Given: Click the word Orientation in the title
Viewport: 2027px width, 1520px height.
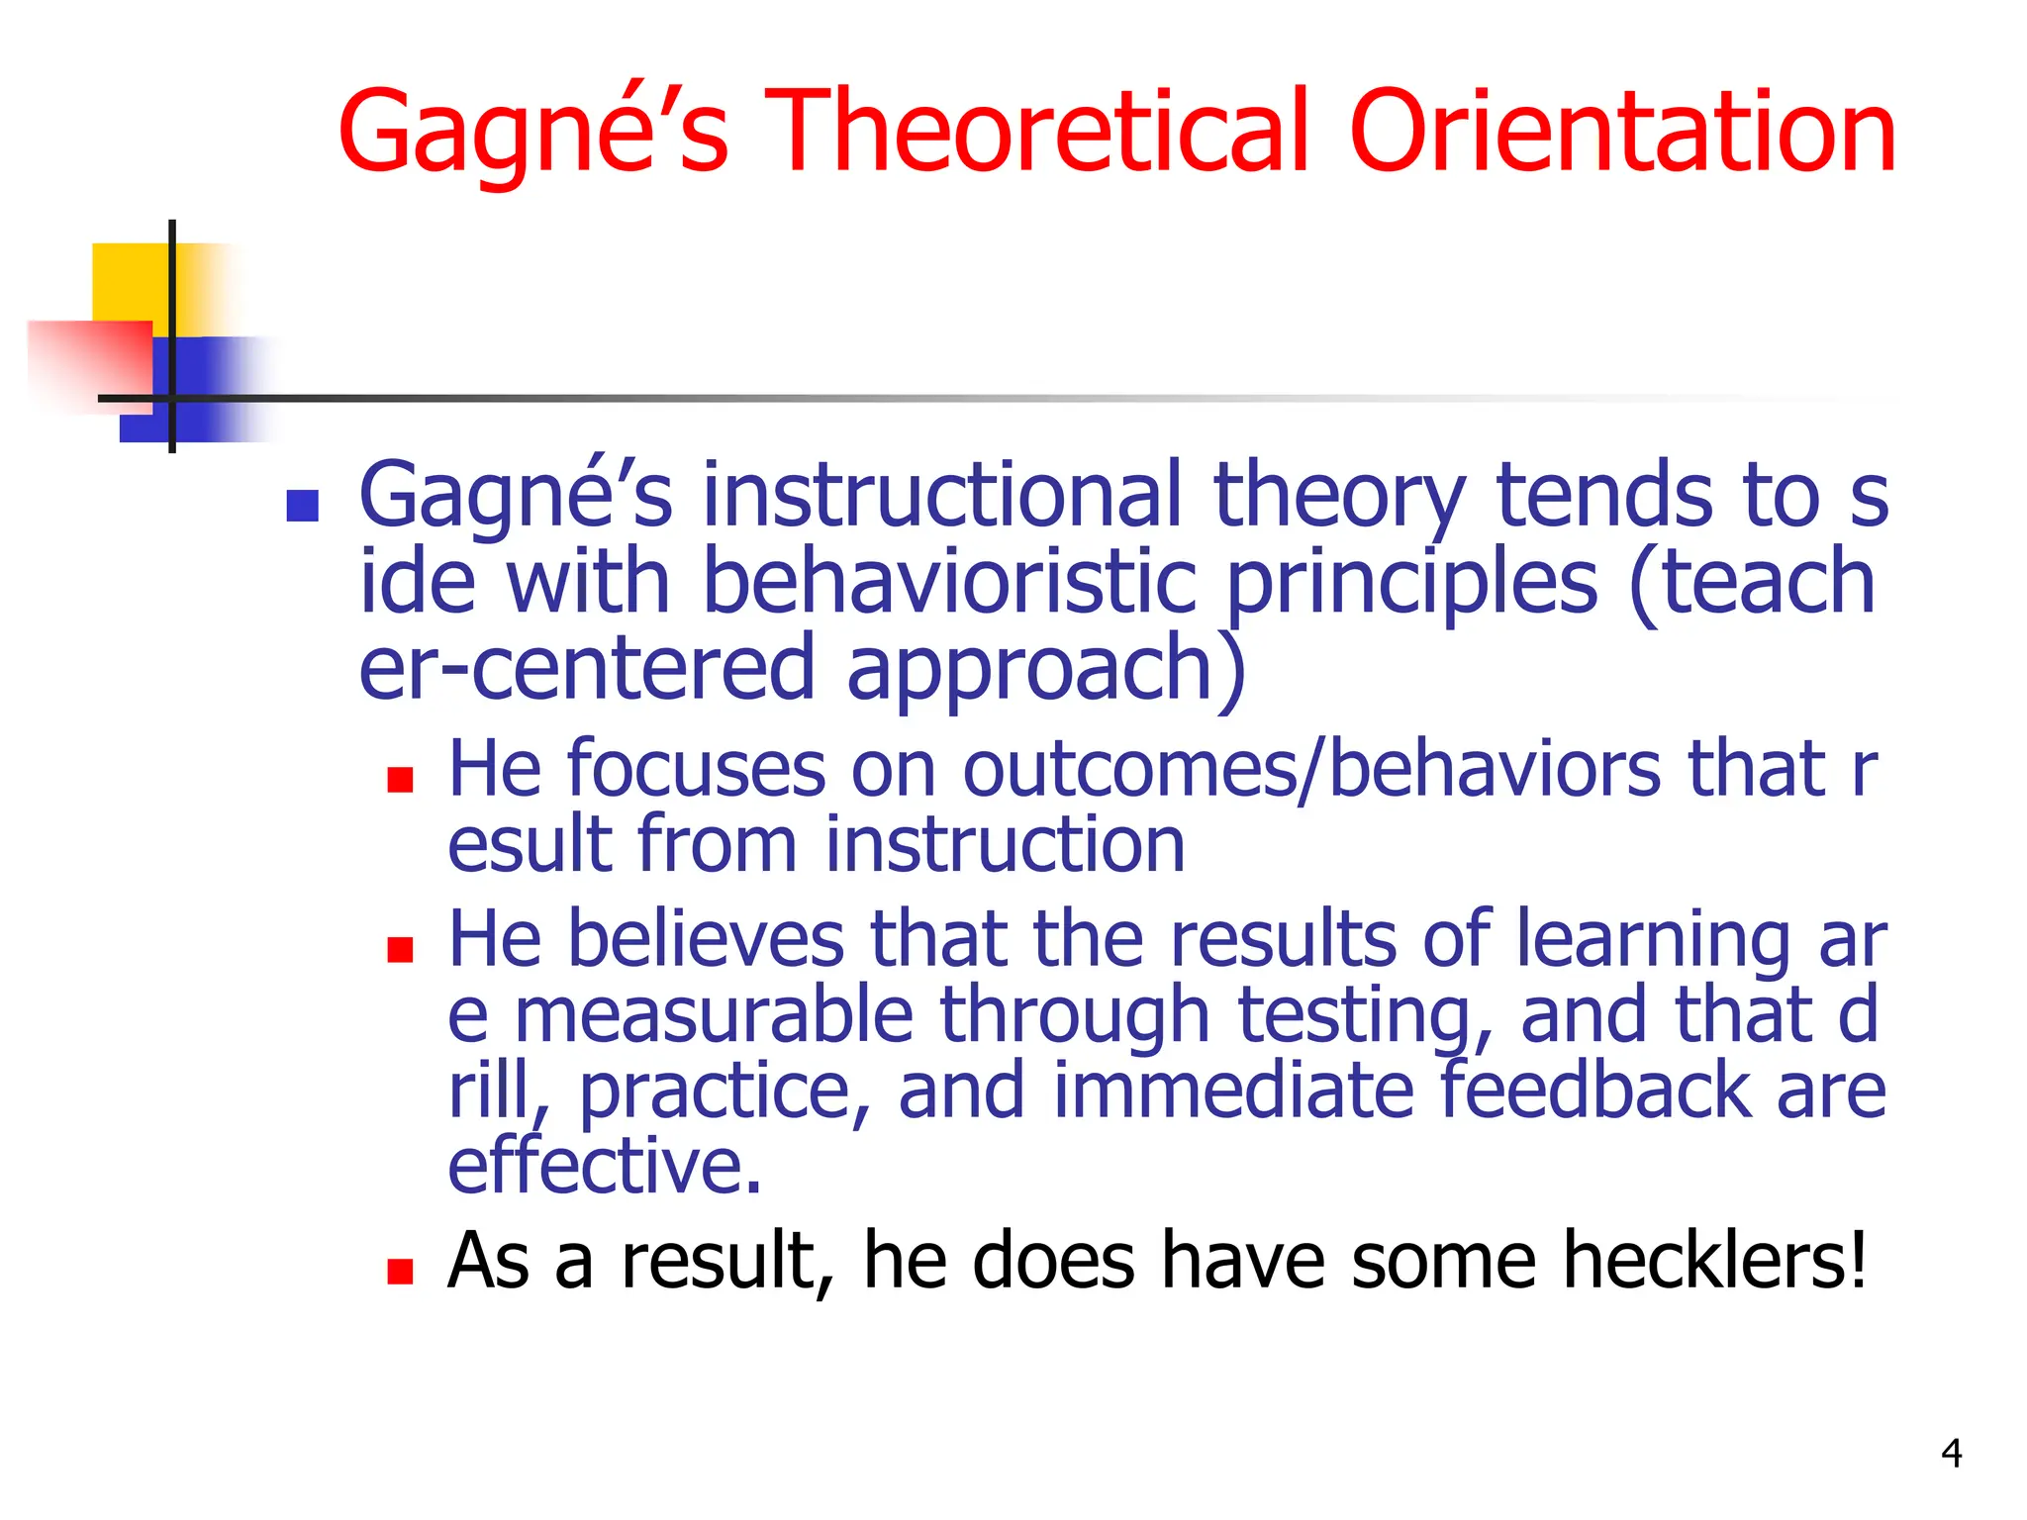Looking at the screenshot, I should (x=1622, y=132).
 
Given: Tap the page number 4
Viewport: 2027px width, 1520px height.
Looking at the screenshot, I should (x=1951, y=1453).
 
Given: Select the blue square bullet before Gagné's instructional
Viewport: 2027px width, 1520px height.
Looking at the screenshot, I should (x=302, y=506).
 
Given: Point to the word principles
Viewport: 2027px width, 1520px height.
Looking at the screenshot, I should (x=1411, y=584).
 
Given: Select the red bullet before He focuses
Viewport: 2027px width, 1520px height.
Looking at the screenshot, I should (x=400, y=781).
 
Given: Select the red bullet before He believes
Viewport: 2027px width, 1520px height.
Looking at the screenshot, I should (x=400, y=951).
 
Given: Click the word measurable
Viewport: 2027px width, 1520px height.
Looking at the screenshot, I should (x=714, y=1015).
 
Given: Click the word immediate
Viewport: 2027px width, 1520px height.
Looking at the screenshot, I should (x=1233, y=1091).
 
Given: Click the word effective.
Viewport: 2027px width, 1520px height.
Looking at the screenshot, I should (x=604, y=1166).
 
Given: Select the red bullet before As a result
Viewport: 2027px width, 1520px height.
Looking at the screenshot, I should (x=400, y=1272).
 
